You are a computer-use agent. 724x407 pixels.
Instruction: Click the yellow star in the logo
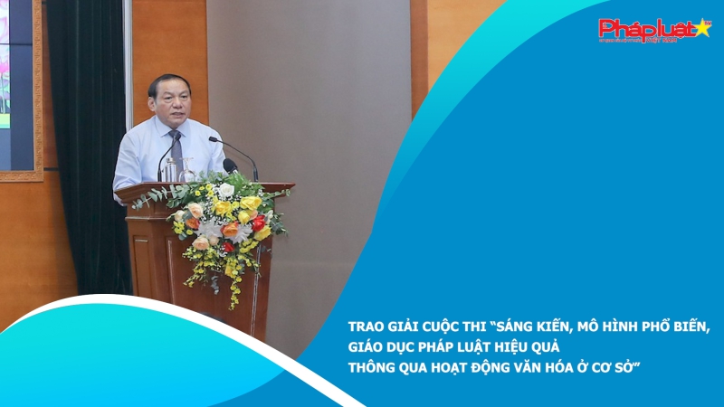pyautogui.click(x=700, y=28)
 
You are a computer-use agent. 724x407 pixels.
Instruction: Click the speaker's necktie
pyautogui.click(x=176, y=148)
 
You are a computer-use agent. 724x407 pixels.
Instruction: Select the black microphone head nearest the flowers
pyautogui.click(x=230, y=166)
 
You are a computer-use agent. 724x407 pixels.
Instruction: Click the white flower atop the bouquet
pyautogui.click(x=225, y=191)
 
